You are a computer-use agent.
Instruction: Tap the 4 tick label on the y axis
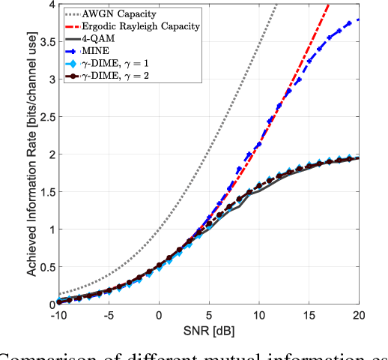coord(49,4)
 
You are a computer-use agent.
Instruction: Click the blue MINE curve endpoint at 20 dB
coord(358,19)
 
